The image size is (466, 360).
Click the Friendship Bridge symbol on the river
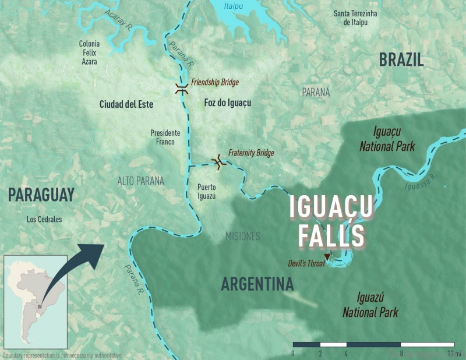[182, 90]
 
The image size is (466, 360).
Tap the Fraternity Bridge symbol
[220, 162]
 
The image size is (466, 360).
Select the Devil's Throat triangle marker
[327, 257]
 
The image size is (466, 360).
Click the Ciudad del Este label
[126, 104]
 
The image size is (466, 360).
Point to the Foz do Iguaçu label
[228, 103]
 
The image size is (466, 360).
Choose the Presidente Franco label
[165, 137]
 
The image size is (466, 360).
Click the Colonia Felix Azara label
[89, 52]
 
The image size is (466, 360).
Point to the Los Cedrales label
[44, 220]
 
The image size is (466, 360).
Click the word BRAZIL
[401, 59]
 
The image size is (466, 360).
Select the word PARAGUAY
[41, 195]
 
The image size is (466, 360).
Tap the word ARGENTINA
[257, 284]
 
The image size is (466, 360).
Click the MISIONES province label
[242, 236]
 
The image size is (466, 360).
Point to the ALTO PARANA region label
[140, 181]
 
